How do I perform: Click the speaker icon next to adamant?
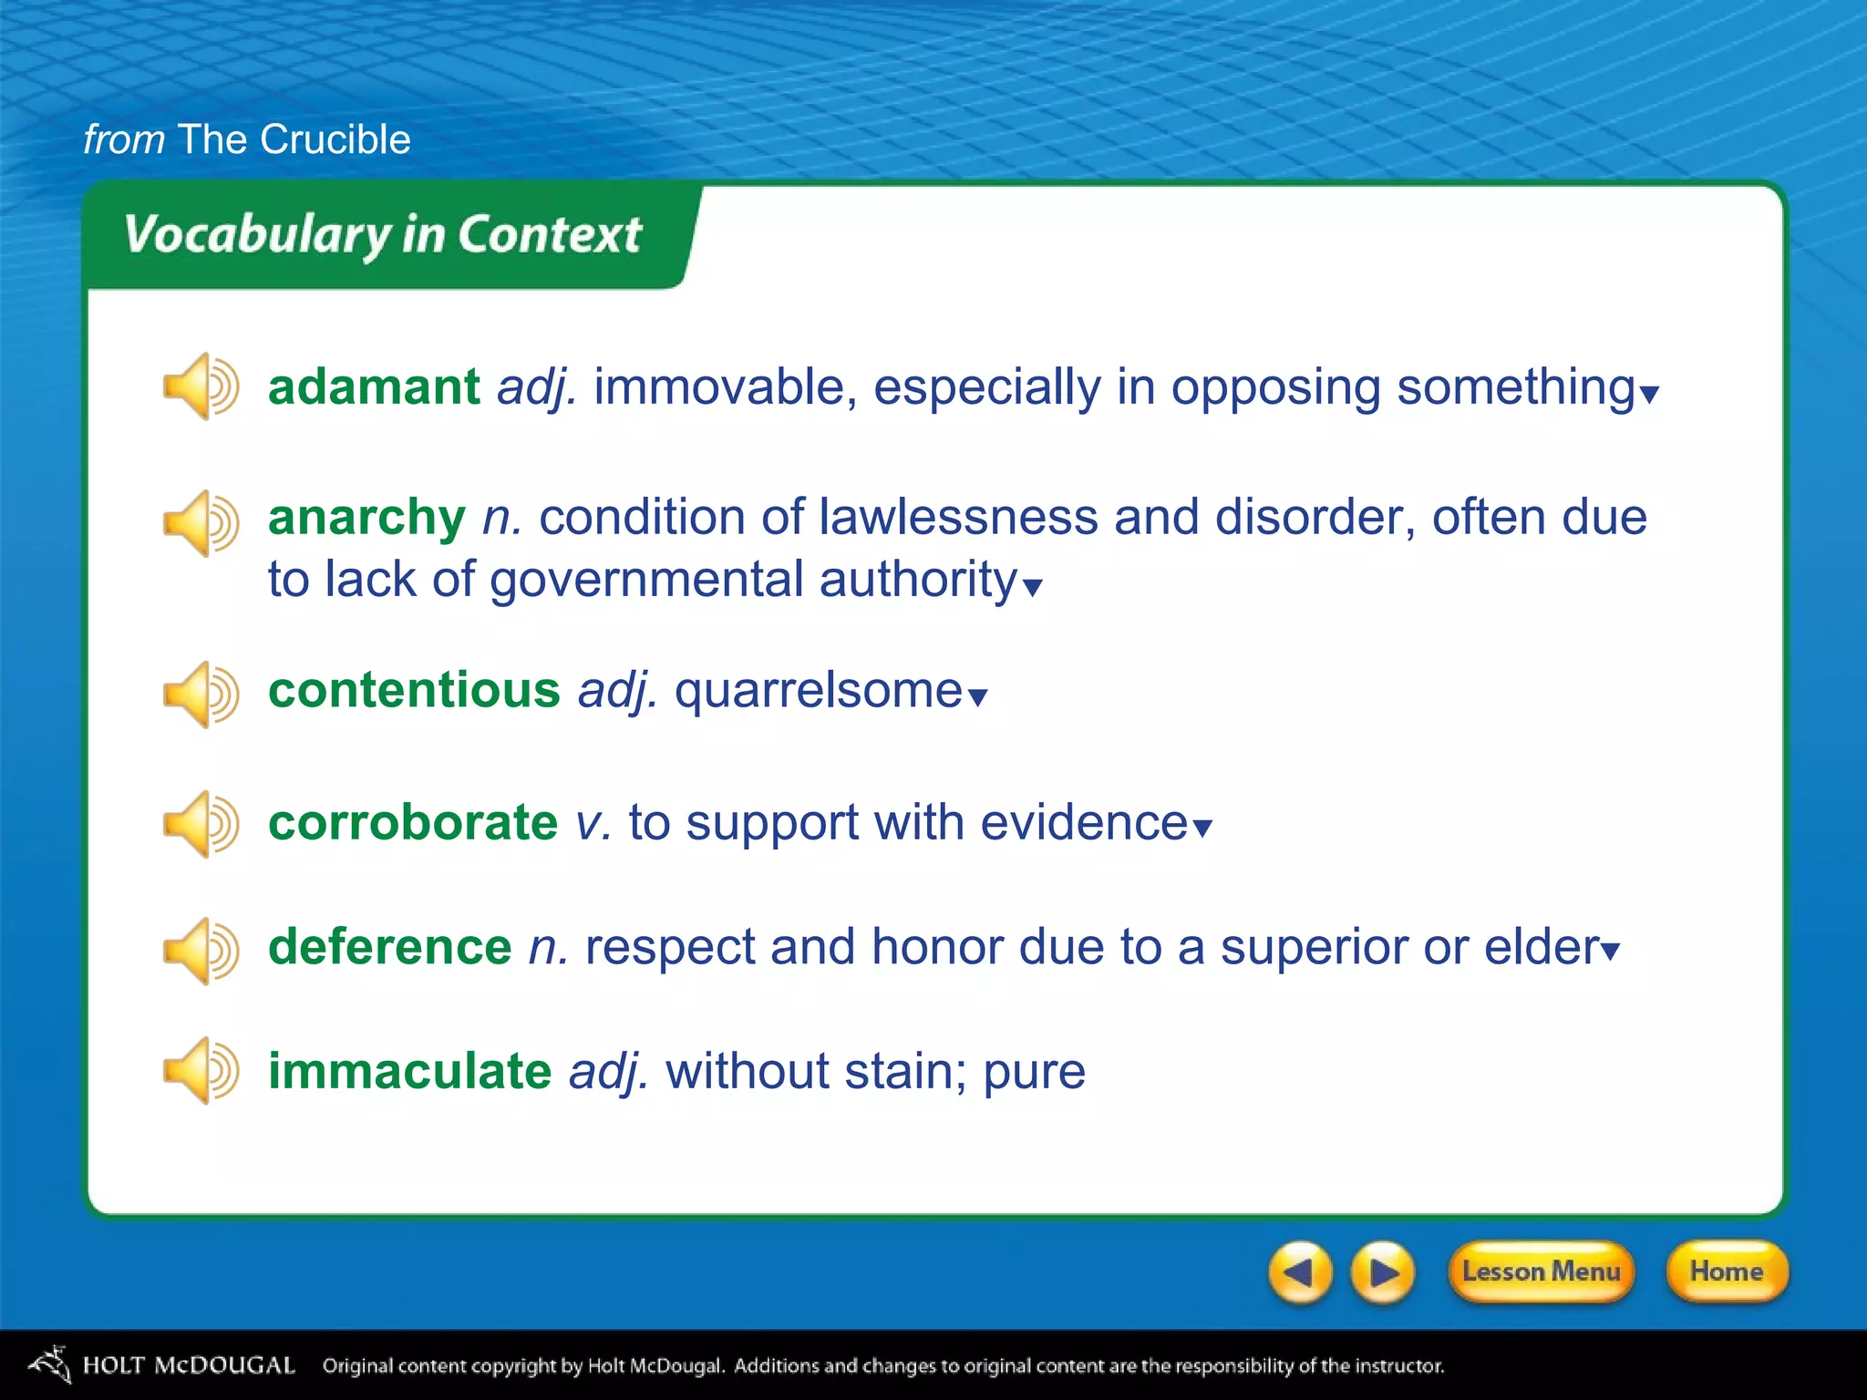(x=200, y=386)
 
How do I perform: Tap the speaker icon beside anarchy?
(x=200, y=523)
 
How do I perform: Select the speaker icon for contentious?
(x=200, y=695)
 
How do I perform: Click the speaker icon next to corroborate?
(x=200, y=824)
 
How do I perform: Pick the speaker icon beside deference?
(x=200, y=951)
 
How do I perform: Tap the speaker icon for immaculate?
(x=200, y=1070)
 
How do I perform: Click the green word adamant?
(x=373, y=387)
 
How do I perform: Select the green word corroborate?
(x=412, y=823)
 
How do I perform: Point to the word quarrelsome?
(x=818, y=690)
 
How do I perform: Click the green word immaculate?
(x=409, y=1071)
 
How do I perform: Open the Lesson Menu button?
(x=1541, y=1271)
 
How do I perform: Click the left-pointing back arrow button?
(x=1300, y=1271)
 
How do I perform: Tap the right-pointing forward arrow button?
(x=1383, y=1271)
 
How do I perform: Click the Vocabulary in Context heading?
(x=383, y=234)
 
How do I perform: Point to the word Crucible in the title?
(x=335, y=139)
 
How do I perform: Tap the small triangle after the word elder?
(x=1611, y=952)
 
